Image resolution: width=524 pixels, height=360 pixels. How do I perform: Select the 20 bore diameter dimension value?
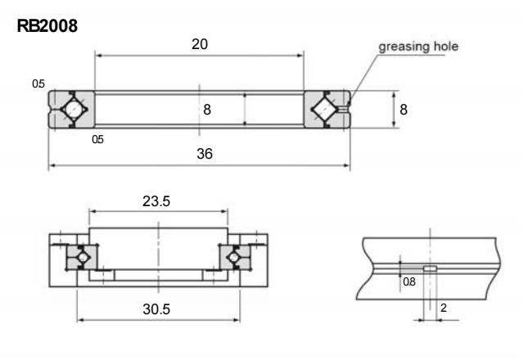[x=199, y=44]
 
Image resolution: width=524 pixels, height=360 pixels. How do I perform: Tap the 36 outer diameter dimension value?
[x=199, y=154]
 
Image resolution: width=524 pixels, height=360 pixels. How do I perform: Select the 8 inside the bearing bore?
[x=208, y=109]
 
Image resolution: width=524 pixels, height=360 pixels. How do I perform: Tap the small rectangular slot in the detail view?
[x=428, y=267]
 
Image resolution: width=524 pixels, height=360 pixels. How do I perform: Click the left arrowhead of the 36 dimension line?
[x=52, y=165]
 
